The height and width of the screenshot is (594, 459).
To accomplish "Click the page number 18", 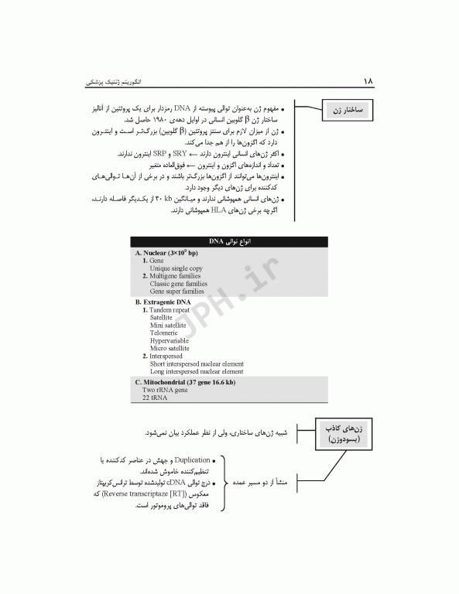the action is (368, 80).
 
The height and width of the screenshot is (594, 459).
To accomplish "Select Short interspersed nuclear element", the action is (197, 364).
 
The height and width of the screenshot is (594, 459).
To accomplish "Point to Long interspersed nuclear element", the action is (197, 371).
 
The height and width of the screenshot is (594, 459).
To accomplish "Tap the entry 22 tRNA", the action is (155, 398).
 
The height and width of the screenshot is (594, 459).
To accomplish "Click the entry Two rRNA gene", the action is (165, 391).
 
